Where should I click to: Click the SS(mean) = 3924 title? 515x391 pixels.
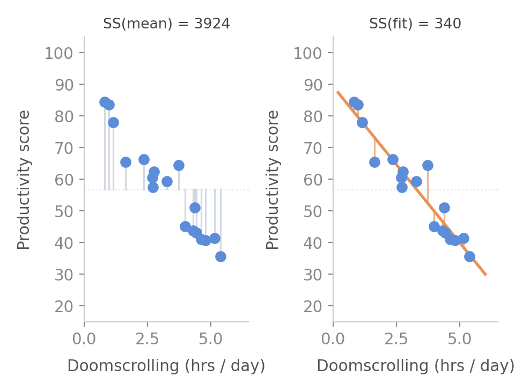166,24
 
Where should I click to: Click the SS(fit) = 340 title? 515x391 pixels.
415,24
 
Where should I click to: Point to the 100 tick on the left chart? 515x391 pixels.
59,53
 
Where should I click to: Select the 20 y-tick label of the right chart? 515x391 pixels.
312,306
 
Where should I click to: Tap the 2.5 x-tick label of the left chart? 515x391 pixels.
148,339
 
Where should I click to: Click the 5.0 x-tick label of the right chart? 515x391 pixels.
460,339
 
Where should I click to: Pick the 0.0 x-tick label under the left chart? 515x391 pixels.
84,339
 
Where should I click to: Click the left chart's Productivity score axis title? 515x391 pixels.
24,180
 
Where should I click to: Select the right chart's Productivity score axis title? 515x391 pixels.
273,180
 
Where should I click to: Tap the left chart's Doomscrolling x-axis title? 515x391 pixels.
166,366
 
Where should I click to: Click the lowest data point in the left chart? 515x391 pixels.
220,257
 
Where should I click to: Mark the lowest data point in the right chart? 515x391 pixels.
470,257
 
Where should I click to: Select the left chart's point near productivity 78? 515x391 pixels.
113,123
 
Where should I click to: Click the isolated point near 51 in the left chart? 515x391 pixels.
195,208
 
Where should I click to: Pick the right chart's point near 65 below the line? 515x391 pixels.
375,162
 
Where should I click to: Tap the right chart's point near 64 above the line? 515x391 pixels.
428,165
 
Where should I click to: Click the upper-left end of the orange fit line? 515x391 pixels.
337,92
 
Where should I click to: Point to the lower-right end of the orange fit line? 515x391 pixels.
486,275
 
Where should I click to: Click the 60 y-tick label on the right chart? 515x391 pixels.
312,180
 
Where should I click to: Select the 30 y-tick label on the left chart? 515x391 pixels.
64,275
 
